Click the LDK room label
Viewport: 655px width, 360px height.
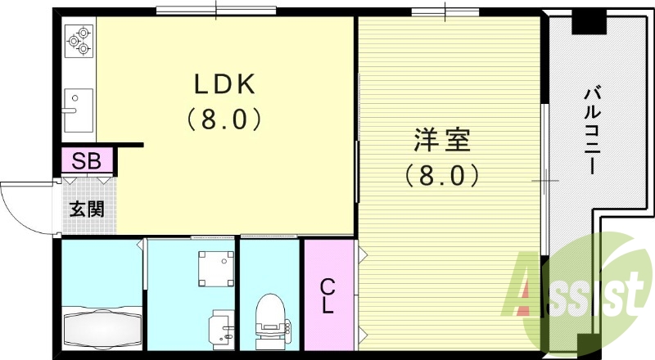226,85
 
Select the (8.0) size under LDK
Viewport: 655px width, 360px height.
226,119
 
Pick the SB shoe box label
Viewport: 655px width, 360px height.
85,160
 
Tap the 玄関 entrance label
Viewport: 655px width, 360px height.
85,208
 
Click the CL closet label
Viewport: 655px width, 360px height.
327,296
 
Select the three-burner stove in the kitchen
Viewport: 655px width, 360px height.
79,40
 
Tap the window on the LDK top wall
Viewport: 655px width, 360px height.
216,11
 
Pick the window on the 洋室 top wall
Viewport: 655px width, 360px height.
445,11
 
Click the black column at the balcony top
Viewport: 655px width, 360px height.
587,22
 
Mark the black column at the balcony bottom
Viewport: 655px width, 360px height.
585,344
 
